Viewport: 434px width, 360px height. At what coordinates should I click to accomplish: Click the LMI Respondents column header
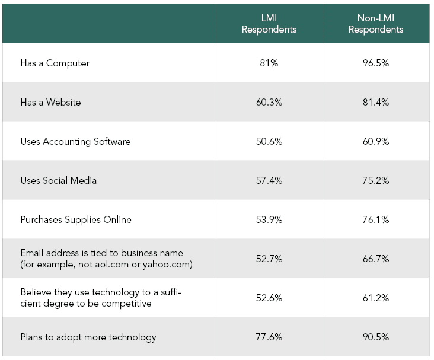[x=269, y=24]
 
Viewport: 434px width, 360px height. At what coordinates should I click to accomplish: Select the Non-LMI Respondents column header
[x=376, y=24]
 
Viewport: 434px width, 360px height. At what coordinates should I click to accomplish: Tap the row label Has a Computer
[x=55, y=63]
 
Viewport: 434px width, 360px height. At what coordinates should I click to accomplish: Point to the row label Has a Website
[x=50, y=102]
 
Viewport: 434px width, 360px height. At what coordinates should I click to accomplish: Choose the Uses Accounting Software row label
[x=75, y=141]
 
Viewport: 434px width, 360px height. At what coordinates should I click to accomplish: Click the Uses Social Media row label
[x=58, y=180]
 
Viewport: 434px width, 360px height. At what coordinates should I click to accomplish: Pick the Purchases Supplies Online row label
[x=76, y=219]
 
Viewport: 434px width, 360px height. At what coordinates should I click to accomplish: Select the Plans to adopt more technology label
[x=88, y=337]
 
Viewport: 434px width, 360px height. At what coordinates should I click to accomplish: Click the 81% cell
[x=269, y=63]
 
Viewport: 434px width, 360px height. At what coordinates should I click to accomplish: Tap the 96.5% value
[x=376, y=63]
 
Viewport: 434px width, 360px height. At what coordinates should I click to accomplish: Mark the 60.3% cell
[x=269, y=102]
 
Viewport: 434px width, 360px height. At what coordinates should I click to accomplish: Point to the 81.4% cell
[x=376, y=102]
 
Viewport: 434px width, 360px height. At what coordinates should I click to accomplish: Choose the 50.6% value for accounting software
[x=269, y=141]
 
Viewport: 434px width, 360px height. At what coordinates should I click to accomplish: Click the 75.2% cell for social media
[x=376, y=180]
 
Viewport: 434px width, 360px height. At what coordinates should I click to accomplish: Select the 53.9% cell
[x=269, y=219]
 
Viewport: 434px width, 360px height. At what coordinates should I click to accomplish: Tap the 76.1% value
[x=376, y=219]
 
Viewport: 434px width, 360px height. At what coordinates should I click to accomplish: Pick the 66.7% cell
[x=376, y=259]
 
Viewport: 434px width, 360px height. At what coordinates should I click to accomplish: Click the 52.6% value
[x=269, y=298]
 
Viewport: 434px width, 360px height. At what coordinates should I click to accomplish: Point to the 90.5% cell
[x=376, y=337]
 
